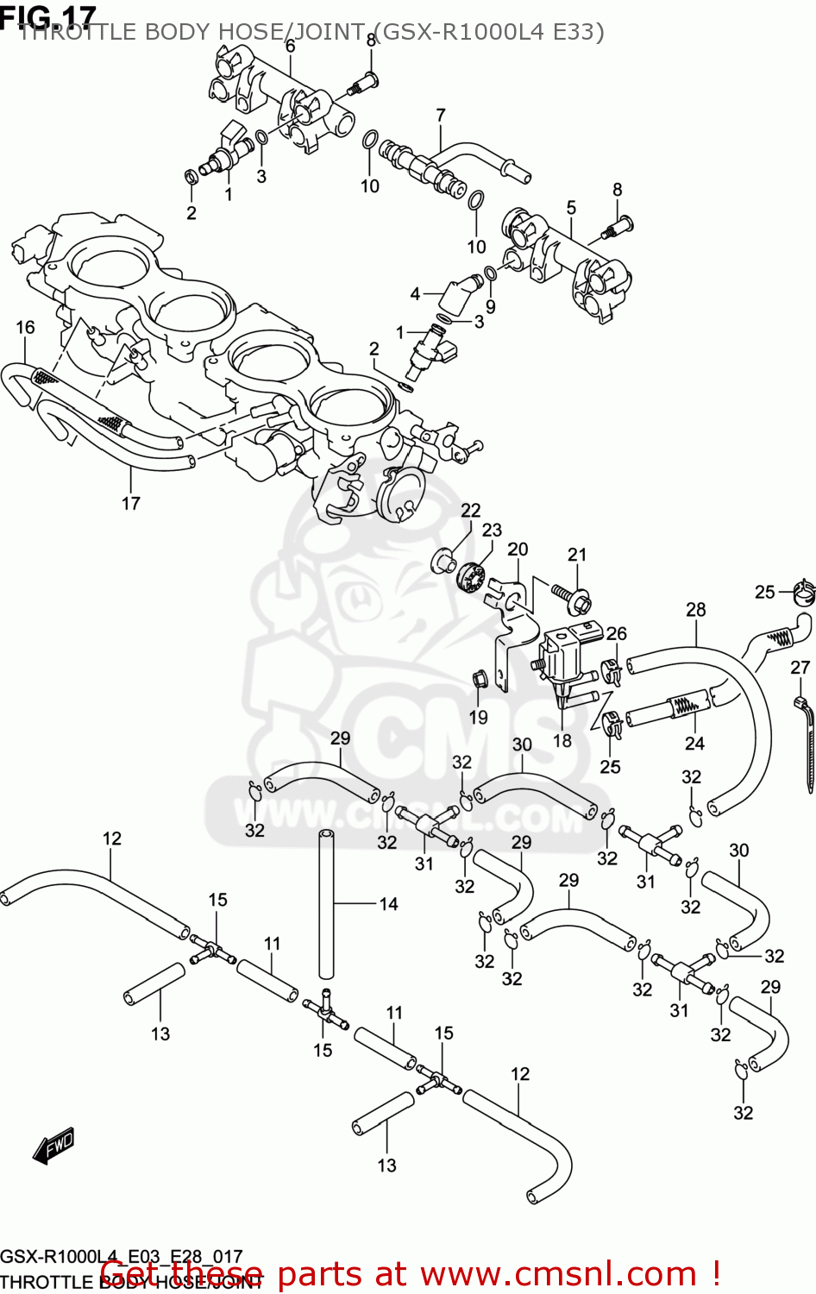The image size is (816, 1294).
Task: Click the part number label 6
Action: point(290,46)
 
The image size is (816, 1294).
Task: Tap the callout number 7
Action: point(441,115)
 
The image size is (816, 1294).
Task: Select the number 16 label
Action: point(25,327)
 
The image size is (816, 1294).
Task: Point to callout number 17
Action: point(130,503)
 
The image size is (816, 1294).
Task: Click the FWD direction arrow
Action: point(53,1145)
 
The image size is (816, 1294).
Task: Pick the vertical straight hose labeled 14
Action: point(327,901)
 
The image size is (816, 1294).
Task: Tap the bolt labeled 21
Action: point(570,594)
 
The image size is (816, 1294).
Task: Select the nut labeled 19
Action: point(478,682)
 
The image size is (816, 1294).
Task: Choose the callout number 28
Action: point(695,609)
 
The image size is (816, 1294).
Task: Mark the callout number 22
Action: point(470,510)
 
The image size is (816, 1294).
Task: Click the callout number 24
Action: point(694,743)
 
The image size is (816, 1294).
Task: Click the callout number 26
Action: point(616,633)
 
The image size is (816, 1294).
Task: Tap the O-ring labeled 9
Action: point(490,274)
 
